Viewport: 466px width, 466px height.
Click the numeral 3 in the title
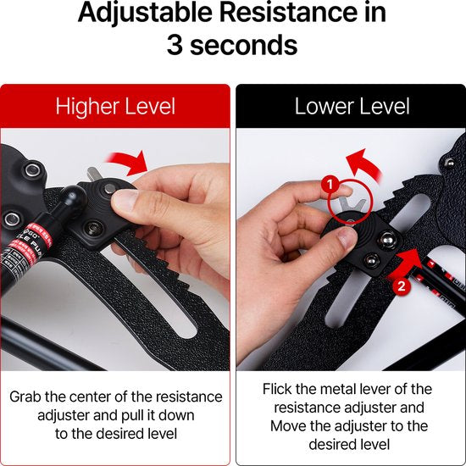point(175,45)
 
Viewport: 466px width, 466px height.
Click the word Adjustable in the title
point(145,13)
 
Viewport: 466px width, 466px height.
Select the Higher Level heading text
point(115,107)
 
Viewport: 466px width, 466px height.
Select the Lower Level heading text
point(352,106)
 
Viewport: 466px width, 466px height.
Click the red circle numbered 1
point(330,185)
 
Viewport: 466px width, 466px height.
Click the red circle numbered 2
point(402,286)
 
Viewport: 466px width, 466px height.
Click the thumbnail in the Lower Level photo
point(347,237)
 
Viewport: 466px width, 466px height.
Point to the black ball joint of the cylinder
point(73,197)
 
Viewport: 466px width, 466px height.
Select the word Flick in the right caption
point(277,389)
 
